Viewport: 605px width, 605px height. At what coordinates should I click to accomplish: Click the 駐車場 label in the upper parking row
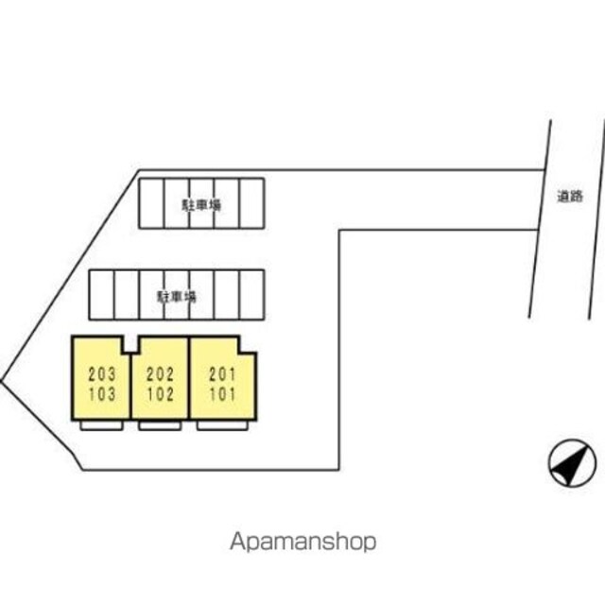tap(201, 203)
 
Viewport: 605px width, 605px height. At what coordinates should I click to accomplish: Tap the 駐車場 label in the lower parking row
tap(177, 295)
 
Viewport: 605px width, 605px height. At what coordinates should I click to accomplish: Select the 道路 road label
tap(569, 198)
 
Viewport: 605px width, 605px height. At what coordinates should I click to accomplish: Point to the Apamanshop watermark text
tap(302, 542)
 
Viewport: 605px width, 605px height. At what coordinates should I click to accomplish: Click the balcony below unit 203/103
tap(101, 424)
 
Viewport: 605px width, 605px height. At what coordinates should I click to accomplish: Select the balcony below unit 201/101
tap(221, 424)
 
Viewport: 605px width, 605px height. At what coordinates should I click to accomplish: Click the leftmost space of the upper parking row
tap(153, 203)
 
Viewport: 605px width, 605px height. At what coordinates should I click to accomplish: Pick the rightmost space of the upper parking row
tap(251, 203)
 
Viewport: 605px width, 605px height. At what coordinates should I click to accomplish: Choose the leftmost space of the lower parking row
tap(101, 295)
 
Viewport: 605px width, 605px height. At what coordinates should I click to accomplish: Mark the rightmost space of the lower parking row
tap(251, 295)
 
